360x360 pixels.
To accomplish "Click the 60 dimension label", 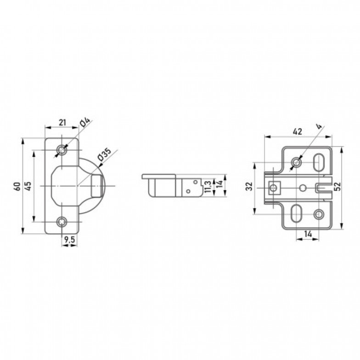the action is (17, 186).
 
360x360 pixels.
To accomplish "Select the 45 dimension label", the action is (28, 186).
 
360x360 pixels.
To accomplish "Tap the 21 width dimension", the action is (62, 122).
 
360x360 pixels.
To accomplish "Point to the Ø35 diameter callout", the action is (104, 154).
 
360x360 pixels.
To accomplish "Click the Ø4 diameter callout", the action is (85, 123).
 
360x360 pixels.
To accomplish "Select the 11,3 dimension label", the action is (208, 186).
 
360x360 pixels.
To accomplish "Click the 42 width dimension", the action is (298, 131).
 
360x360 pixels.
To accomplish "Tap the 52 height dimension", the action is (337, 186).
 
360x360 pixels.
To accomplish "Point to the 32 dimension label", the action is (249, 186).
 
